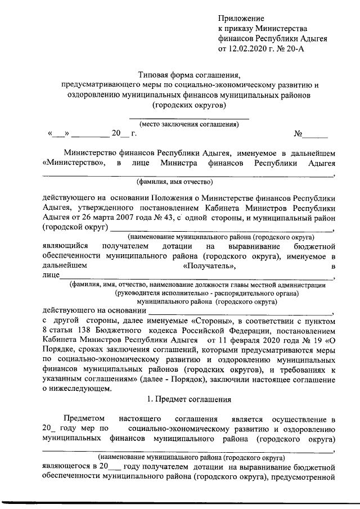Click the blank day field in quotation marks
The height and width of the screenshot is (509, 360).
point(58,134)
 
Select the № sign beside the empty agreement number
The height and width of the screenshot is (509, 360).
point(299,134)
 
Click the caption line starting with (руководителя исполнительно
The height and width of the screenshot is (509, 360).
point(206,293)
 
